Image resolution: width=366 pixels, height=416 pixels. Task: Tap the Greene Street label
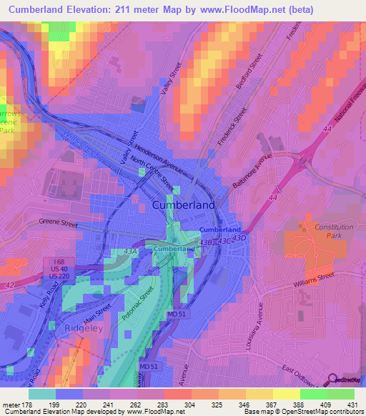59,224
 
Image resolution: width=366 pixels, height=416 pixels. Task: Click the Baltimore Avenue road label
253,171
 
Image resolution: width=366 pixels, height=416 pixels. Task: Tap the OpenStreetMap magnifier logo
332,381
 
